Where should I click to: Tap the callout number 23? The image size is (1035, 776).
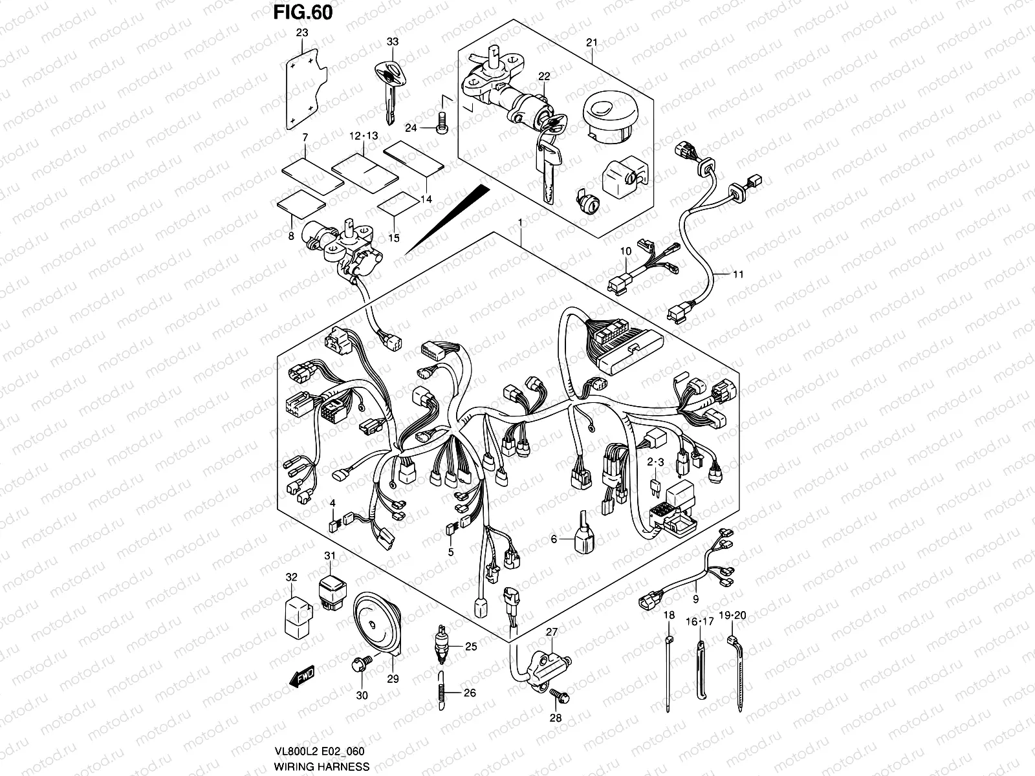(x=302, y=32)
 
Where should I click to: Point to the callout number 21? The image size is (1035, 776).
(x=591, y=43)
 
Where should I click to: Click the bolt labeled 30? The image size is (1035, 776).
(x=360, y=664)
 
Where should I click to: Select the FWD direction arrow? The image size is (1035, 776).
(x=302, y=677)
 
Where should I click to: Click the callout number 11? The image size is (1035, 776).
(x=739, y=274)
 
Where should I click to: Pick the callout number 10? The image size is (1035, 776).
(x=626, y=250)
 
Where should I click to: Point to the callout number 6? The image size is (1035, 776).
(x=554, y=538)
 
